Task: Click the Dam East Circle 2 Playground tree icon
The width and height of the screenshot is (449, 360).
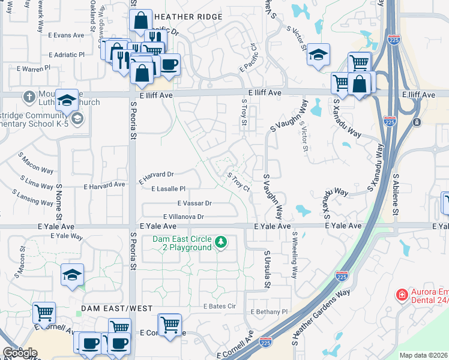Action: pos(221,242)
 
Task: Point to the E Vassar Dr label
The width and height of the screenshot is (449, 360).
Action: pos(194,203)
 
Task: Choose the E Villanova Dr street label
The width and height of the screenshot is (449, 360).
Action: pos(184,217)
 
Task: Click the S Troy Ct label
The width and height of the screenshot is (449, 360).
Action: pos(239,181)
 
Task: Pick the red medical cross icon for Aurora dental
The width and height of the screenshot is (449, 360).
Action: pos(401,295)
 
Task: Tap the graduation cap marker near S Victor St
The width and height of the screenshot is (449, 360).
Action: pos(318,56)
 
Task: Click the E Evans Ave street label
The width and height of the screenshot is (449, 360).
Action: pos(69,35)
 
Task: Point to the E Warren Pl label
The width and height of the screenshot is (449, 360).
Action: pos(34,69)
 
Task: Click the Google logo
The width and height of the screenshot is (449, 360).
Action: pos(20,353)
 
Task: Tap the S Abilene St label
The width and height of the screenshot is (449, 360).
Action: pos(396,196)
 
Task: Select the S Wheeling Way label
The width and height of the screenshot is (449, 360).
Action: pos(294,255)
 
